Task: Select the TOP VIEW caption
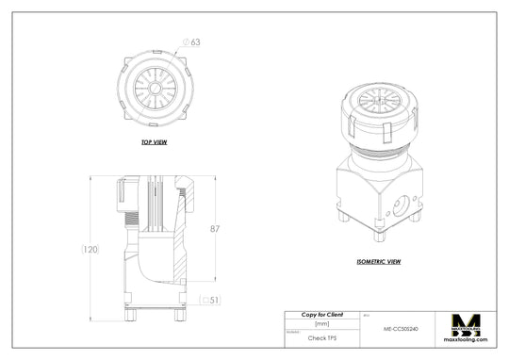click(x=154, y=142)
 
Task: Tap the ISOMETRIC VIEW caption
click(x=380, y=261)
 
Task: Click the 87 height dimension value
click(x=216, y=229)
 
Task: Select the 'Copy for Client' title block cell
click(x=321, y=314)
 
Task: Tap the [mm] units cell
click(x=321, y=324)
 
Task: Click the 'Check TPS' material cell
click(x=321, y=336)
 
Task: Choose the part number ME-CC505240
click(x=401, y=328)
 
